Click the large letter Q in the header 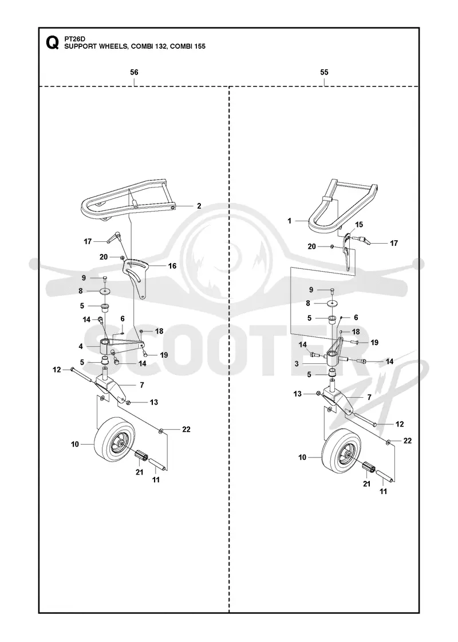pos(52,42)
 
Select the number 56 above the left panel pos(134,72)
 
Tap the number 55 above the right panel pos(324,72)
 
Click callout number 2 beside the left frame pos(199,206)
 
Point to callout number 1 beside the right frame pos(290,221)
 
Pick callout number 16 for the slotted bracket pos(172,266)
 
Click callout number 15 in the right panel pos(359,225)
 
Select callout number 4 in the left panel pos(81,346)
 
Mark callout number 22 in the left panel pos(187,429)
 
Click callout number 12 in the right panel pos(400,424)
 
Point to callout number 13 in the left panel pos(154,402)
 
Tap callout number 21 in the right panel pos(367,484)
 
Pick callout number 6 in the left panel pos(123,319)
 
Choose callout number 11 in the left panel pos(156,479)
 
